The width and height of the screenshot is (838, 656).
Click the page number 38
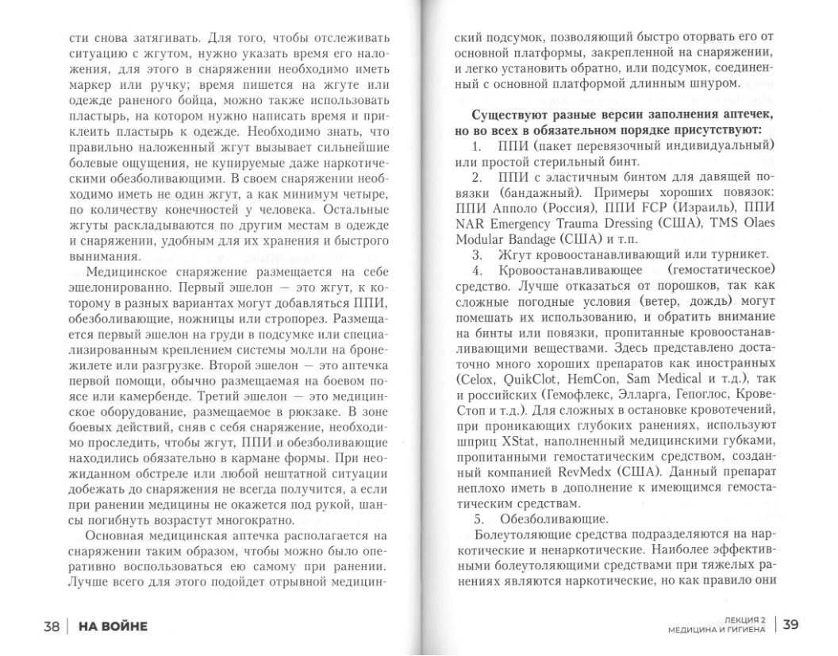[x=52, y=626]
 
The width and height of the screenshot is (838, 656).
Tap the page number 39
[x=790, y=624]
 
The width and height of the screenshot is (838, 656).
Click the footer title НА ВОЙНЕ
[x=112, y=626]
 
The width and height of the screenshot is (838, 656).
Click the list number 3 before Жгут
[x=478, y=255]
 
